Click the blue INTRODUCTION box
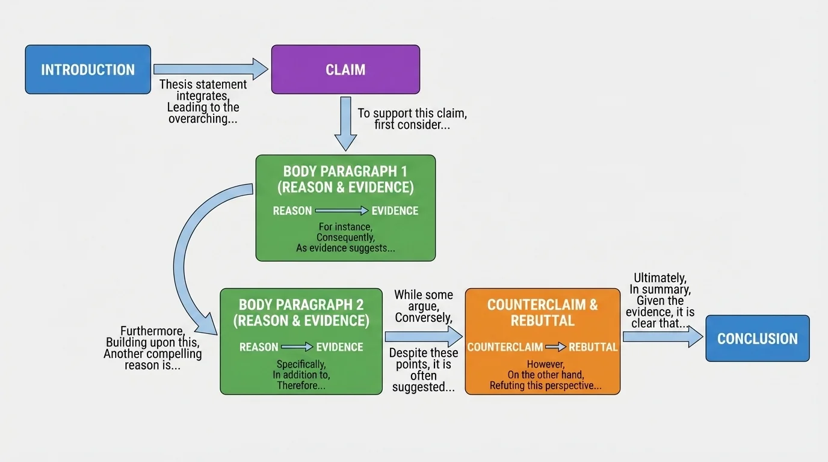coord(88,70)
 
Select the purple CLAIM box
coord(345,70)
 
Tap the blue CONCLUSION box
coord(757,339)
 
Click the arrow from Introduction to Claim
coord(211,69)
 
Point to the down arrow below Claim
coord(345,123)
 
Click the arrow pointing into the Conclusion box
coord(662,336)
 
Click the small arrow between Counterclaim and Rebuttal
coord(555,347)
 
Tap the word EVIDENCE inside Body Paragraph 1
coord(395,211)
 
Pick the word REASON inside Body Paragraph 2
coord(259,347)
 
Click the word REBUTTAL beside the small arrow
coord(593,347)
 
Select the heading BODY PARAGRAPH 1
coord(345,171)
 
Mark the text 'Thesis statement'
coord(203,84)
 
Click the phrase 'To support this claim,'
coord(412,113)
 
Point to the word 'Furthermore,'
coord(152,331)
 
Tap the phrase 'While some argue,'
coord(424,300)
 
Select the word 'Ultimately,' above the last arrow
coord(660,278)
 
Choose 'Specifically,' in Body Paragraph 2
coord(301,364)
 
